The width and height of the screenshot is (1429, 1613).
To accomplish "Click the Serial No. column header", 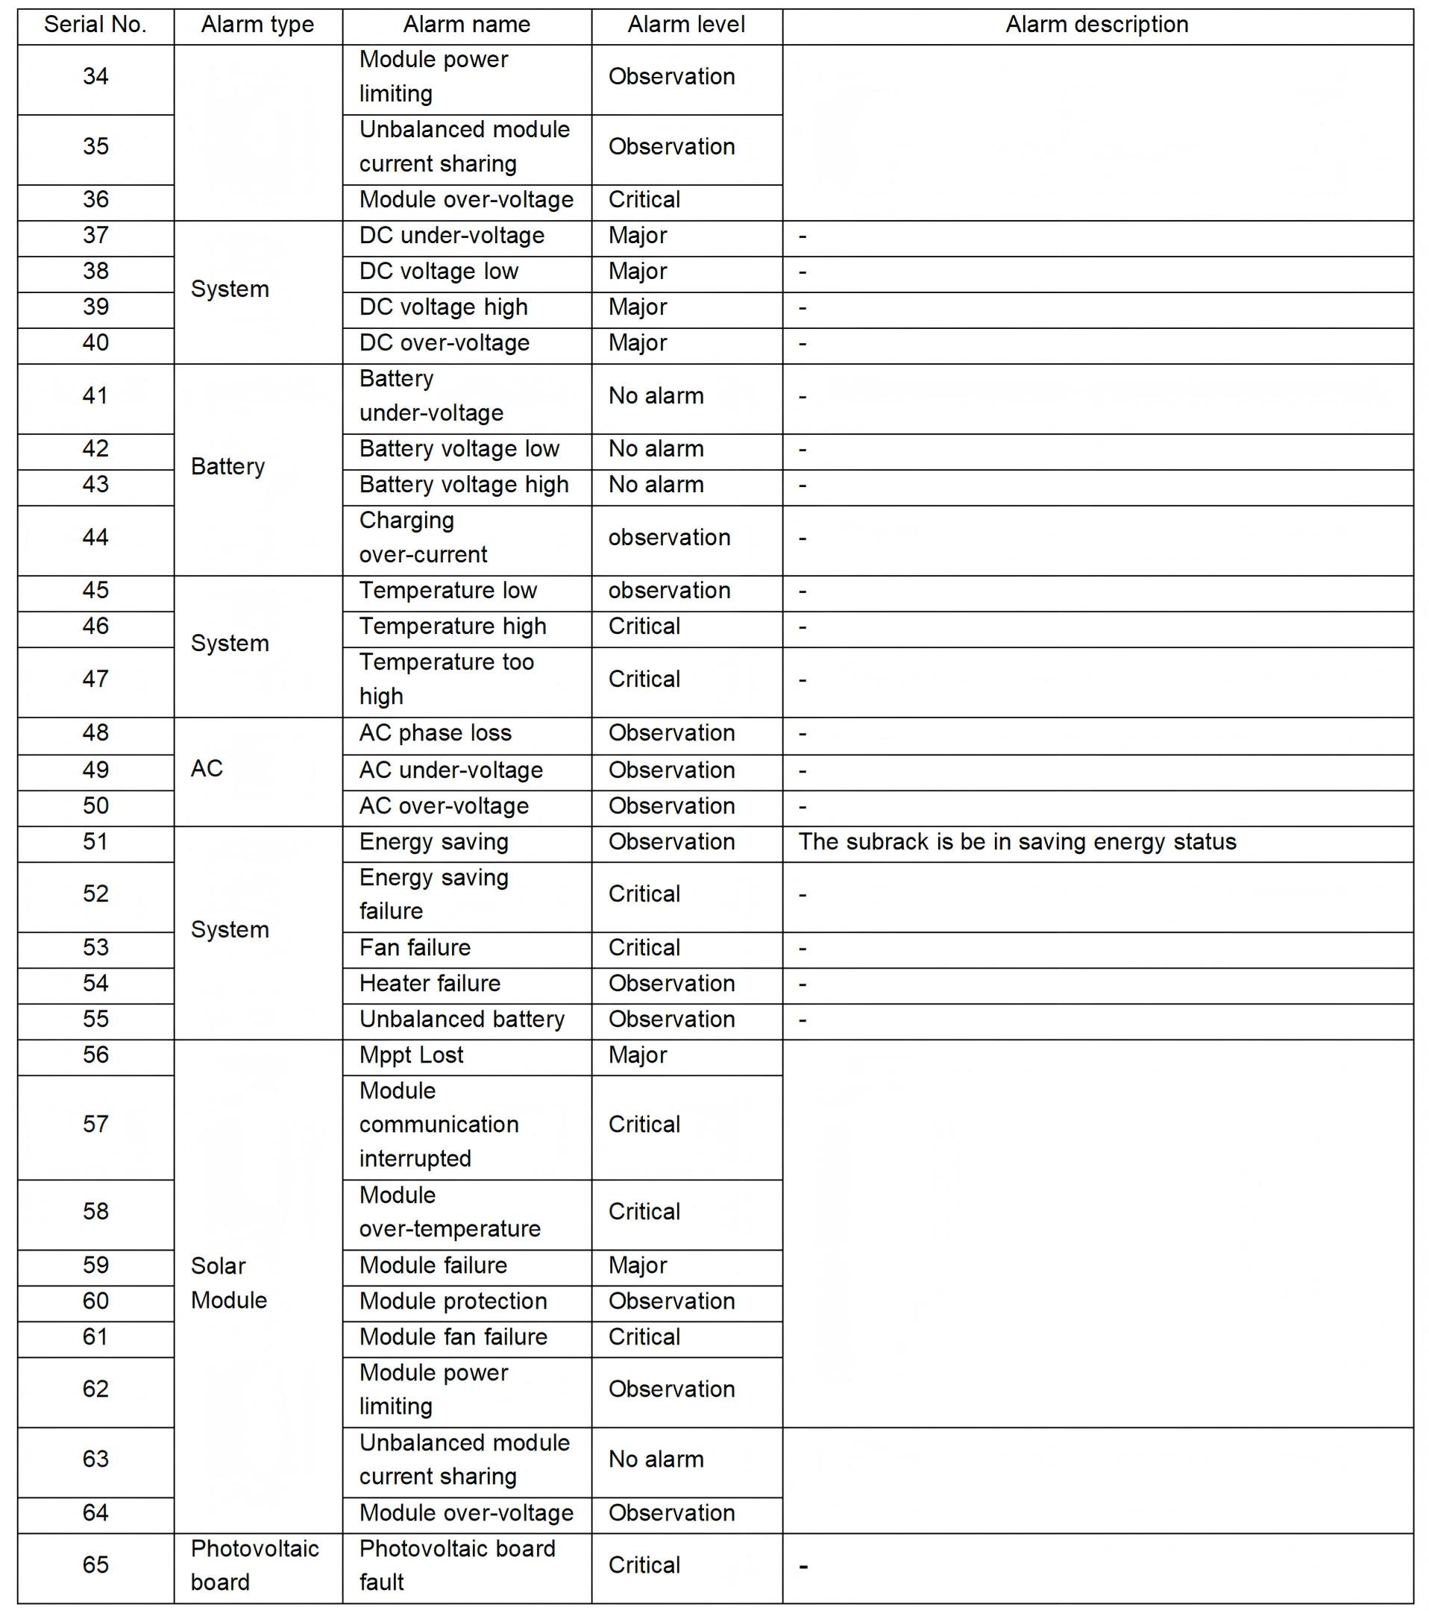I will coord(95,25).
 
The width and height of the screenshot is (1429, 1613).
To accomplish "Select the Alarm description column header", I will coord(1096,25).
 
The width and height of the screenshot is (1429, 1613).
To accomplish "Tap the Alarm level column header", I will coord(685,25).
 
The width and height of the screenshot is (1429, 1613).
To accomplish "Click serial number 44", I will coord(95,538).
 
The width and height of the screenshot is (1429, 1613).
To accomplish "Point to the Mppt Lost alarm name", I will coord(411,1055).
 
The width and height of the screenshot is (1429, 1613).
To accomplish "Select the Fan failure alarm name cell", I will coord(414,948).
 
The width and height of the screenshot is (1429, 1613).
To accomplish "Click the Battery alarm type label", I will coord(228,466).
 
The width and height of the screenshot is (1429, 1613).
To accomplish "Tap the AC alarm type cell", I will coord(207,769).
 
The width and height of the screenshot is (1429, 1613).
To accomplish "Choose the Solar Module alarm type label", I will coord(228,1283).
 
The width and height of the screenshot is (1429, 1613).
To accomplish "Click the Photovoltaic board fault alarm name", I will coord(457,1565).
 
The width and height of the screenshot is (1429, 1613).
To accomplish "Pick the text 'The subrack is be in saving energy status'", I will coord(1017,842).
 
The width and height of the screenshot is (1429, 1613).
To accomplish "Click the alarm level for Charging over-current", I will coord(669,538).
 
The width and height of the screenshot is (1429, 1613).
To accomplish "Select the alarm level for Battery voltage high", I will coord(656,485).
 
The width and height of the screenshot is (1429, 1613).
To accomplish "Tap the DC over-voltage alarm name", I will coord(445,343).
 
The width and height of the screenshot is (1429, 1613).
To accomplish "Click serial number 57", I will coord(95,1125).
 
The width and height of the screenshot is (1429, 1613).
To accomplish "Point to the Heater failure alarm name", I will coord(430,984).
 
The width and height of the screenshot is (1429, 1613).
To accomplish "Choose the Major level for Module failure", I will coord(638,1265).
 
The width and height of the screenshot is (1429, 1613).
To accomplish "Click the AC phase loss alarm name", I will coord(435,733).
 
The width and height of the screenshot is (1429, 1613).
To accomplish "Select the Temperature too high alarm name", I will coord(446,679).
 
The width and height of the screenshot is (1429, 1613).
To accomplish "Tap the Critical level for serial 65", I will coord(644,1565).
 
